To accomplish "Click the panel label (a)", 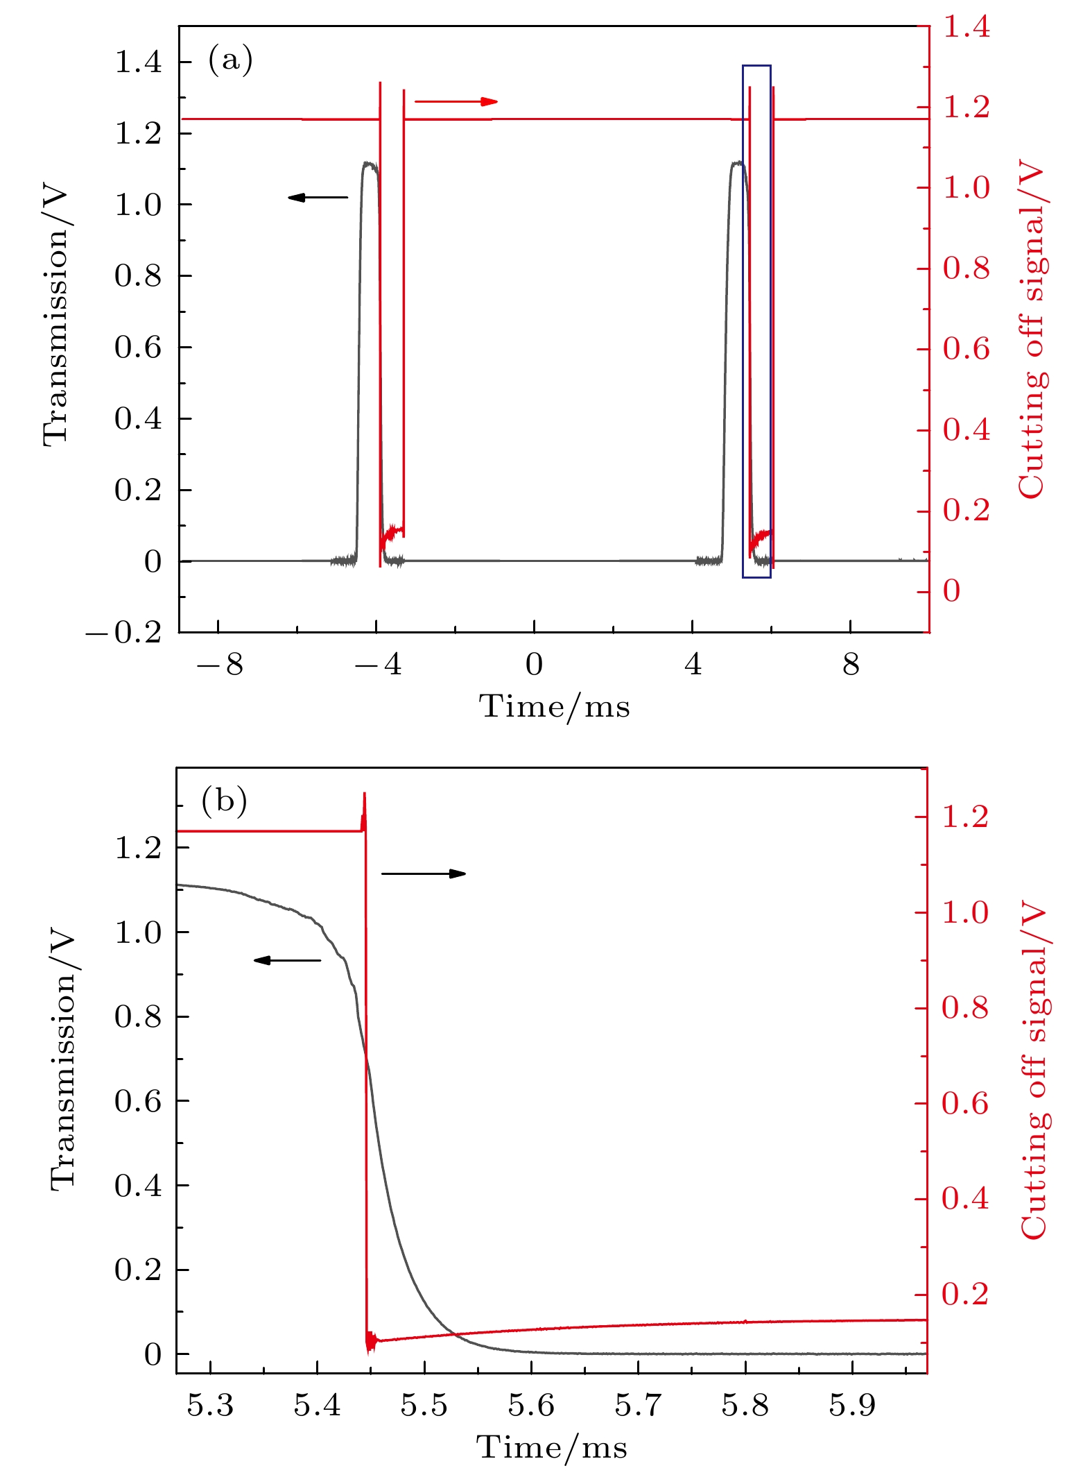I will [230, 60].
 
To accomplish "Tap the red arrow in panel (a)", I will [456, 102].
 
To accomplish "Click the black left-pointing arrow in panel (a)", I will [318, 198].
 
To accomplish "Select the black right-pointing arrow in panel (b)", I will [424, 873].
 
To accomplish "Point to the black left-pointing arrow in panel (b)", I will [287, 960].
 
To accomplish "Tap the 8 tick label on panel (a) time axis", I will [851, 665].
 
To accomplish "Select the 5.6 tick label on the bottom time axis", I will [531, 1405].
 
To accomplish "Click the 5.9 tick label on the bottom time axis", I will [852, 1405].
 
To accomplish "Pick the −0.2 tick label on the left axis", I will [123, 633].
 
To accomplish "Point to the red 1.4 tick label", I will [967, 28].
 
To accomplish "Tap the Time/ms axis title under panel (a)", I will [555, 707].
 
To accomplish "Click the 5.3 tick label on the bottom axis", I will [210, 1405].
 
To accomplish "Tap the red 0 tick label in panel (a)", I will [952, 591].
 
